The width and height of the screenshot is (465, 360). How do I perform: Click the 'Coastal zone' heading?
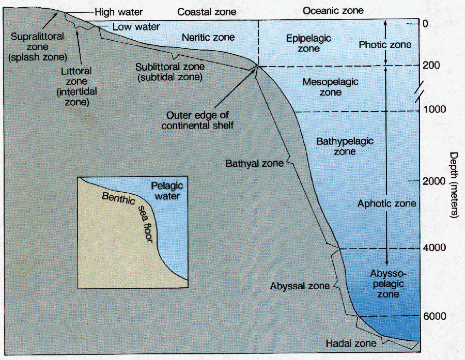[206, 11]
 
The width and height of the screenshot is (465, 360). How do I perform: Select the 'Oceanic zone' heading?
[333, 10]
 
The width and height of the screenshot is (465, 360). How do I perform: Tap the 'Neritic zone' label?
[209, 37]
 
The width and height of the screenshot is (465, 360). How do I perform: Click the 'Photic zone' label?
[385, 44]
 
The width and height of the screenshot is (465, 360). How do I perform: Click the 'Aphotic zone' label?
[386, 204]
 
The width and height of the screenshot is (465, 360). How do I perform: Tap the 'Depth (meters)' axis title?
[454, 185]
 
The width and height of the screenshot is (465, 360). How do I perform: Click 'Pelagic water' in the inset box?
[167, 191]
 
